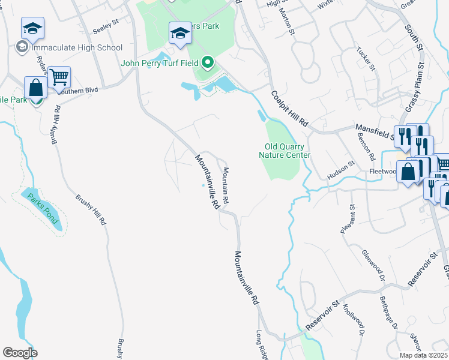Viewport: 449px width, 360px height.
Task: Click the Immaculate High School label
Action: pos(77,47)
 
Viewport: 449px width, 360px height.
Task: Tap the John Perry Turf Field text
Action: pos(159,62)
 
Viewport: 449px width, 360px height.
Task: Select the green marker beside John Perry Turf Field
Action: pos(208,62)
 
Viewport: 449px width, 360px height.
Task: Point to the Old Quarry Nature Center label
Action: pos(285,151)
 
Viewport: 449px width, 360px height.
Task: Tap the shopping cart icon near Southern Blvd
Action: pos(59,77)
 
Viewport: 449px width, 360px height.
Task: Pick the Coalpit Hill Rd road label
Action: pos(289,108)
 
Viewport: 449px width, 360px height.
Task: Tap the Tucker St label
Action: pos(366,59)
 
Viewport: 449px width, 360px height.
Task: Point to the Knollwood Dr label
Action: pos(354,319)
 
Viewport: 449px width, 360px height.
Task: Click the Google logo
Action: pos(20,353)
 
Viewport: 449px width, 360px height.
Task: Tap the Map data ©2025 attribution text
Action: pos(423,355)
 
